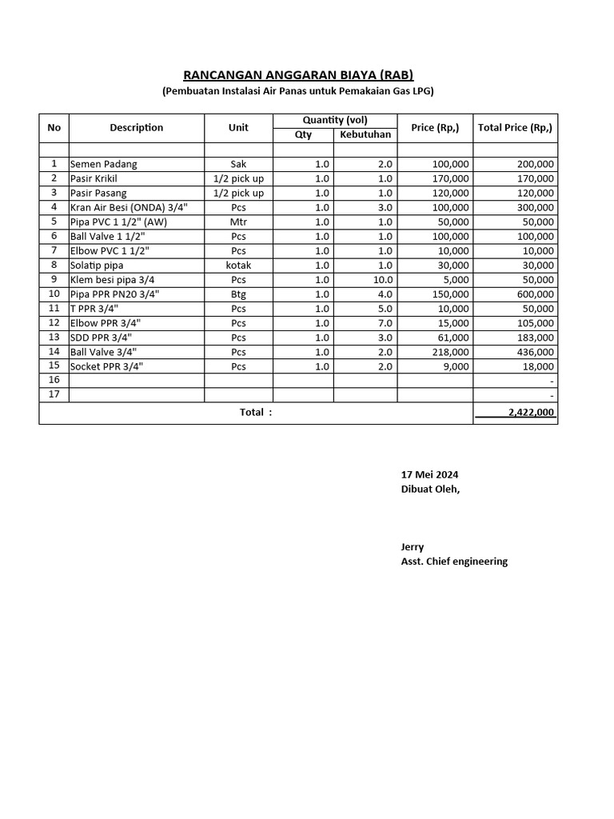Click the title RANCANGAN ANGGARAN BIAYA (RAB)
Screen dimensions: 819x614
pyautogui.click(x=298, y=76)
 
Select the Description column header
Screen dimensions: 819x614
pyautogui.click(x=137, y=127)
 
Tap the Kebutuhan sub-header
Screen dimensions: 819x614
pyautogui.click(x=365, y=134)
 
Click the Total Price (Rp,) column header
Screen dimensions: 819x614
pyautogui.click(x=515, y=127)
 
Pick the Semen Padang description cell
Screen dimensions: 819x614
pyautogui.click(x=104, y=164)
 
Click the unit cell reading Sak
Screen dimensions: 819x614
pyautogui.click(x=238, y=164)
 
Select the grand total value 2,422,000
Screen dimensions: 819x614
pyautogui.click(x=531, y=413)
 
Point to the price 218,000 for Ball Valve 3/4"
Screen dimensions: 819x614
pyautogui.click(x=450, y=352)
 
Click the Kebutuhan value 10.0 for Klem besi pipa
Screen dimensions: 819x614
pyautogui.click(x=383, y=280)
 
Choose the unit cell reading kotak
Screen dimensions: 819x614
pyautogui.click(x=238, y=265)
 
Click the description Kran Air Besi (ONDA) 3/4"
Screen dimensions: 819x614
pyautogui.click(x=129, y=207)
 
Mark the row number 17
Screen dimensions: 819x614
pyautogui.click(x=54, y=395)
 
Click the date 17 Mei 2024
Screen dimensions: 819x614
pyautogui.click(x=430, y=474)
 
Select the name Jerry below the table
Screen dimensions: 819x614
pyautogui.click(x=413, y=547)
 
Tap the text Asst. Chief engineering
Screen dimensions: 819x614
pyautogui.click(x=454, y=561)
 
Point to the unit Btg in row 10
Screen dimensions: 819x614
pyautogui.click(x=238, y=294)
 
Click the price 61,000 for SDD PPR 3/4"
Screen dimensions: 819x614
pyautogui.click(x=453, y=338)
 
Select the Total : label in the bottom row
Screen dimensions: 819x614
pyautogui.click(x=256, y=413)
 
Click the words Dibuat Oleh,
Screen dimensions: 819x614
pyautogui.click(x=430, y=489)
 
